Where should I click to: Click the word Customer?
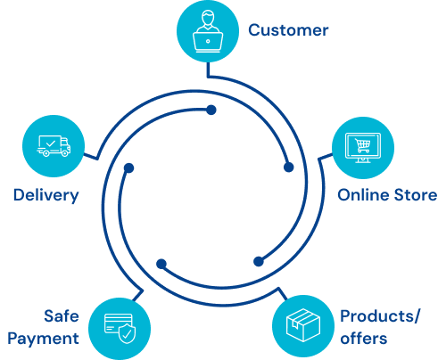288,30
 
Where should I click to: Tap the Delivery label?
46,196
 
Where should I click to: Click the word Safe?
62,315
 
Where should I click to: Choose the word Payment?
44,339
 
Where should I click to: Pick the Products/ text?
380,316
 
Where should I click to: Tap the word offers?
364,339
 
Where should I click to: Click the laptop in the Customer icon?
208,42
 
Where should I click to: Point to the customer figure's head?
208,18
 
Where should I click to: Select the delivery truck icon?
54,146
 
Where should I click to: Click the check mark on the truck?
51,143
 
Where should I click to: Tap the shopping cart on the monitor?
363,145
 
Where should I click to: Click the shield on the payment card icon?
127,333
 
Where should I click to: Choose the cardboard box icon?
303,325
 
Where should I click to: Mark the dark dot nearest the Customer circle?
211,110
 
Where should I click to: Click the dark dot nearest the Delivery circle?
128,168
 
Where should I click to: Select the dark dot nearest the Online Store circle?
288,168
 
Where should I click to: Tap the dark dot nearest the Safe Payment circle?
161,264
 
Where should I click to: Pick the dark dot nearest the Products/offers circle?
259,261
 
